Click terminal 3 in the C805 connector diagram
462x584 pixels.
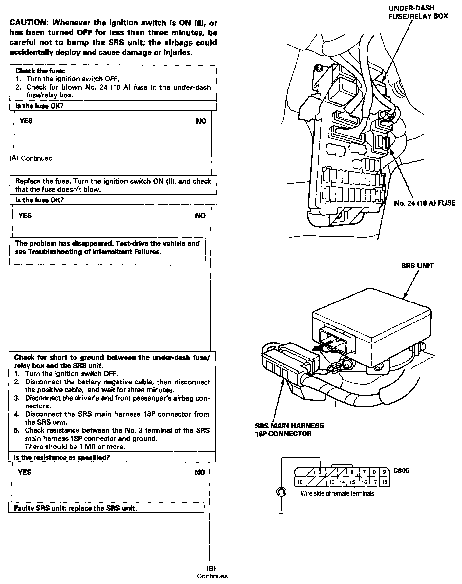coord(320,472)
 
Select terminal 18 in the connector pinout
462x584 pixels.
coord(385,482)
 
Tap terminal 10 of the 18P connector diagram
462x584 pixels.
coord(300,482)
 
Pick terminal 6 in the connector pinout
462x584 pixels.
coord(352,472)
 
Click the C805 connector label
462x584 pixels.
coord(401,471)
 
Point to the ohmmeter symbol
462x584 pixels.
coord(281,492)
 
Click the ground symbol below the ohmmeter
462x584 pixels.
coord(281,513)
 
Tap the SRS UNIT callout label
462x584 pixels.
coord(417,266)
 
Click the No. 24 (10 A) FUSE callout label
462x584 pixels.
coord(425,203)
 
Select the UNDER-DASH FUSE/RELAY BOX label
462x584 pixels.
coord(418,12)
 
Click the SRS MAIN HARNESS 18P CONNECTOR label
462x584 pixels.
coord(289,429)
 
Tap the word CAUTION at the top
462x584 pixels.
coord(28,23)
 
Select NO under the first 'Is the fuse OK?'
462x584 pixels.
coord(201,121)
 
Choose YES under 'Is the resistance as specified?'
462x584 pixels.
coord(25,472)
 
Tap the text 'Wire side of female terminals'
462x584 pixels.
coord(337,493)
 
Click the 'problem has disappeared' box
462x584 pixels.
coord(107,251)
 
